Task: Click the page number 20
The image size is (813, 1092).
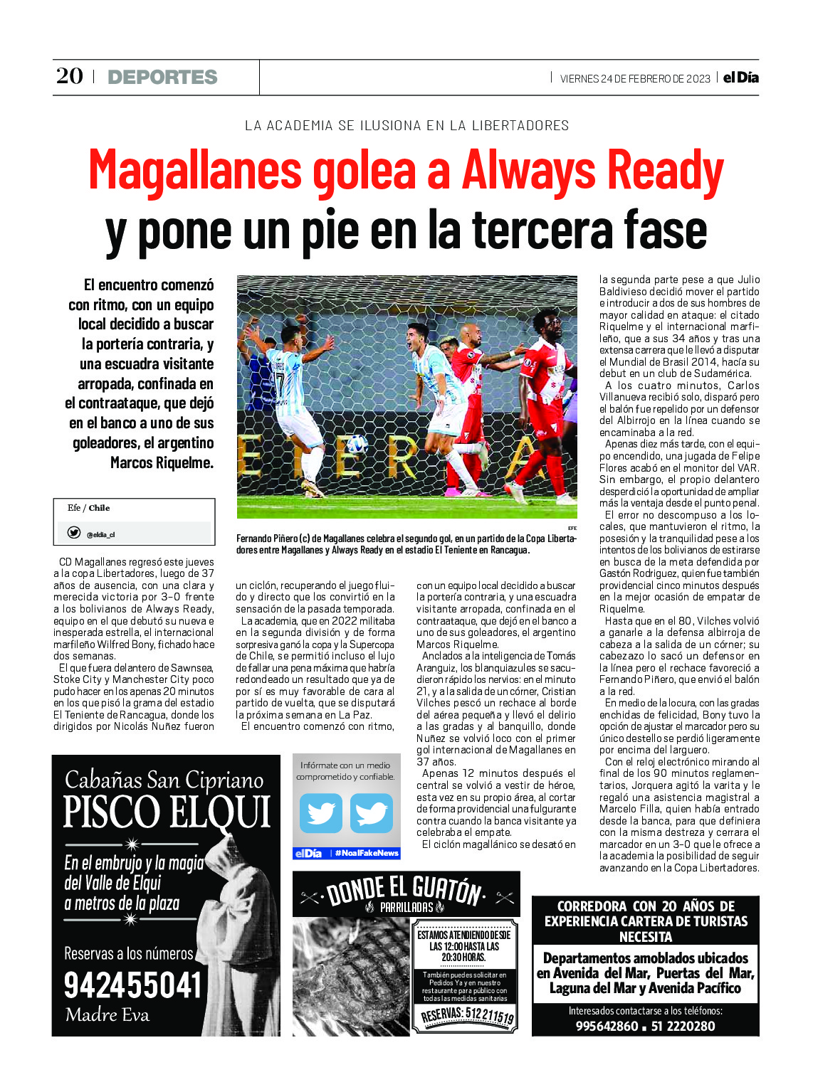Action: coord(70,76)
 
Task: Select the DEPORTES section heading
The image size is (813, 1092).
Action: coord(162,77)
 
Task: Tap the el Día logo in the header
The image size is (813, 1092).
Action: coord(740,78)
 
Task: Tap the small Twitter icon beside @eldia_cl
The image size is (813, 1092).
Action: coord(74,533)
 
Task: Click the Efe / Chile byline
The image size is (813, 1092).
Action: coord(88,508)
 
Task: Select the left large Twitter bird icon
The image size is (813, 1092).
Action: coord(320,812)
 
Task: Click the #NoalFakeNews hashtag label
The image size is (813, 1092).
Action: coord(367,853)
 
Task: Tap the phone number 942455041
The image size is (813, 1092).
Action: coord(133,986)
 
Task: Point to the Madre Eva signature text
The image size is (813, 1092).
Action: coord(107,1015)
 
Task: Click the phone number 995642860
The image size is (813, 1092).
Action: coord(607,1026)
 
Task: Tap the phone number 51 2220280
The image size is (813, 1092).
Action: coord(683,1026)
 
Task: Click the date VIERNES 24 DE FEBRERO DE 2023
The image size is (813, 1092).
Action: coord(635,78)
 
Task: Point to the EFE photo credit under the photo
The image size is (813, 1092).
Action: coord(572,528)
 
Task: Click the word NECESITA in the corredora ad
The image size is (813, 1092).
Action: coord(645,937)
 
